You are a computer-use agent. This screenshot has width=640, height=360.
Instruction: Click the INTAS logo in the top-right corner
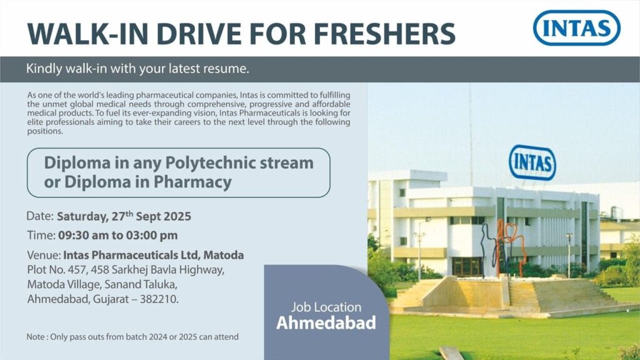coord(576,27)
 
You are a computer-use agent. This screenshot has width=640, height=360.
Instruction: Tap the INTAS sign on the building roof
coord(532,162)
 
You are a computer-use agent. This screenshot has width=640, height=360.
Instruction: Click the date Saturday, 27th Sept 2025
coord(124,217)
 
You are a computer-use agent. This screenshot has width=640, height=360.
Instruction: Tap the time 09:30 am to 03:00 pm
coord(117,236)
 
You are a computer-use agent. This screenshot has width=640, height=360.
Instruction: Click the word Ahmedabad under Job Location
coord(326,324)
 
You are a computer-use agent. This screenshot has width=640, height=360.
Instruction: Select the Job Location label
coord(326,307)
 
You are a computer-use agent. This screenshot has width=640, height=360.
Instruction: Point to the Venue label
coord(44,255)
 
